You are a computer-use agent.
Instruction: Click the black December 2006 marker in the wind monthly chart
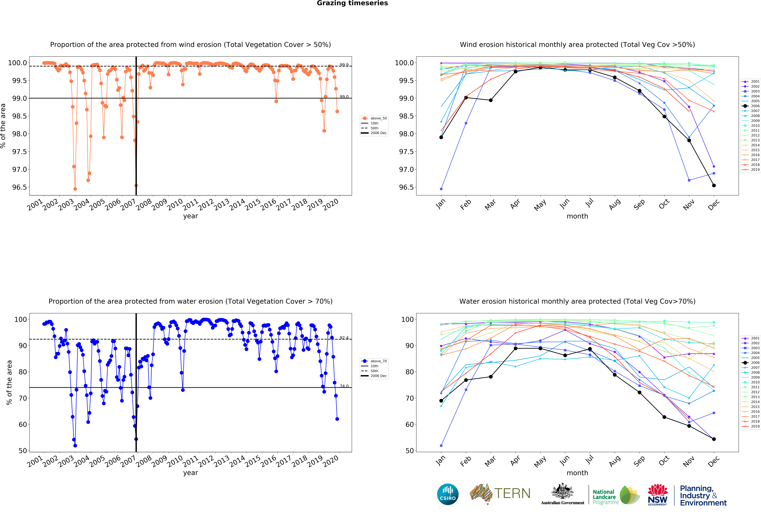[x=714, y=185]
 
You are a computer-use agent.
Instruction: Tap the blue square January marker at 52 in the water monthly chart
[x=441, y=446]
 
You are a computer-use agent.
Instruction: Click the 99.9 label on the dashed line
[x=344, y=65]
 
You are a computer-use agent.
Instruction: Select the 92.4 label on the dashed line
[x=344, y=338]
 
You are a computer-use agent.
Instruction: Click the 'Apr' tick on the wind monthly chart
[x=515, y=204]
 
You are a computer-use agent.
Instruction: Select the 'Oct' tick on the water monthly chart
[x=664, y=461]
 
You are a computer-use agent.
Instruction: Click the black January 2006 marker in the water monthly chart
[x=441, y=401]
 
